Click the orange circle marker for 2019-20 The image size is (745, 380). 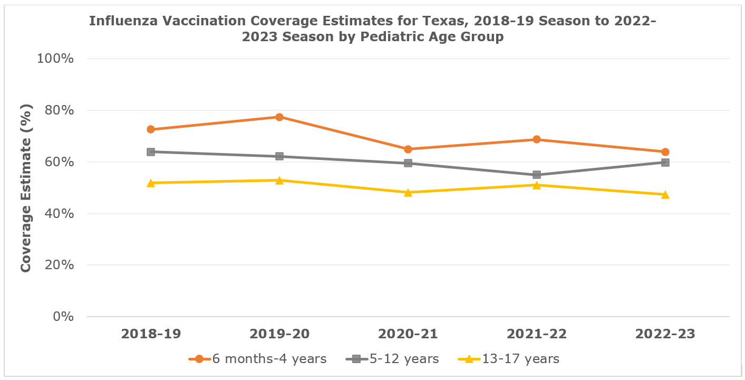pyautogui.click(x=279, y=117)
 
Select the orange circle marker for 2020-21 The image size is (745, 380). pyautogui.click(x=408, y=149)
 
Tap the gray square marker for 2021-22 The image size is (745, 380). pyautogui.click(x=537, y=175)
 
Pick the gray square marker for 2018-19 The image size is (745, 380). pyautogui.click(x=151, y=152)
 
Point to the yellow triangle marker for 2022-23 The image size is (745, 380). pyautogui.click(x=665, y=195)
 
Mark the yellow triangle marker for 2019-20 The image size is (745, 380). pyautogui.click(x=279, y=180)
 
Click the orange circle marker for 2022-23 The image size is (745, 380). pyautogui.click(x=665, y=152)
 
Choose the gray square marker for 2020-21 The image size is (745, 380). pyautogui.click(x=408, y=163)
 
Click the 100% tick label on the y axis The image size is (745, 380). pyautogui.click(x=55, y=59)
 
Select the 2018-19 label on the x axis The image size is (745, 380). pyautogui.click(x=151, y=334)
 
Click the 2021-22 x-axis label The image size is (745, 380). pyautogui.click(x=537, y=334)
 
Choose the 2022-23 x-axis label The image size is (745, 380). pyautogui.click(x=665, y=334)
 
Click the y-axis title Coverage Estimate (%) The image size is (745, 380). pyautogui.click(x=26, y=188)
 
